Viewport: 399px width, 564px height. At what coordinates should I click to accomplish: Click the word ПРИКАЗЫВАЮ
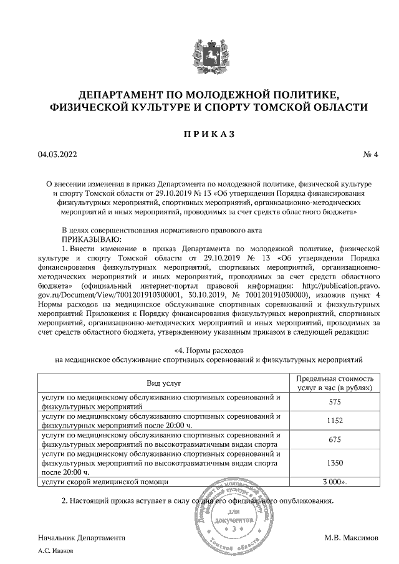(x=90, y=239)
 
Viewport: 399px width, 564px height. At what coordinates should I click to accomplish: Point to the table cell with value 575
(x=334, y=402)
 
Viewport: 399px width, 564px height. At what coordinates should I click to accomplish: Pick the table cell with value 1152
(x=334, y=421)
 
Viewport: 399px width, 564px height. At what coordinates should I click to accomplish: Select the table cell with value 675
(x=334, y=439)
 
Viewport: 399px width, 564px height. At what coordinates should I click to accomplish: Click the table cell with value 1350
(x=334, y=463)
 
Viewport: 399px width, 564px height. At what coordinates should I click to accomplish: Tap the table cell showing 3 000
(x=334, y=482)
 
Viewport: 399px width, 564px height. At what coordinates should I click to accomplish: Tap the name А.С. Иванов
(x=56, y=551)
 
